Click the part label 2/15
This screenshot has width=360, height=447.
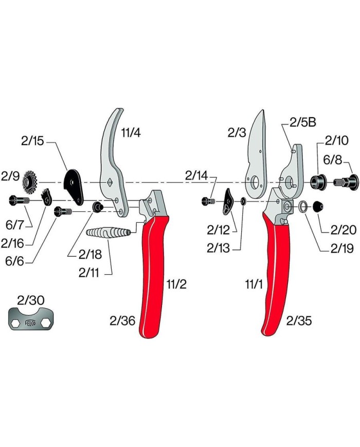[32, 141]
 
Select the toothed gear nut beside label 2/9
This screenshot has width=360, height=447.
[29, 182]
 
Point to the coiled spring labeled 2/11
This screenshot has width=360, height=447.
[109, 232]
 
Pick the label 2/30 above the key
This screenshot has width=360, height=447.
[31, 300]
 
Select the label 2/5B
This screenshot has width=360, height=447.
[303, 122]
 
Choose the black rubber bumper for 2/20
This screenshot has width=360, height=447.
[318, 206]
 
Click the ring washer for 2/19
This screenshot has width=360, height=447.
[303, 206]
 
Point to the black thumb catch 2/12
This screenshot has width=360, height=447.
[228, 201]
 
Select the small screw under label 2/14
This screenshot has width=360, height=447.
[208, 201]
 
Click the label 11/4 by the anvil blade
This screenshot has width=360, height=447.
[131, 133]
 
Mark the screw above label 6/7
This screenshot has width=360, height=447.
[19, 201]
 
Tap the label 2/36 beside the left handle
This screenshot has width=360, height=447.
[122, 320]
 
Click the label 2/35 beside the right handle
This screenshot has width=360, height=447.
[299, 320]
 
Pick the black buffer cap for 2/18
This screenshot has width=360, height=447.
[98, 206]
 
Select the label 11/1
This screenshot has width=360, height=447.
[254, 284]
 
